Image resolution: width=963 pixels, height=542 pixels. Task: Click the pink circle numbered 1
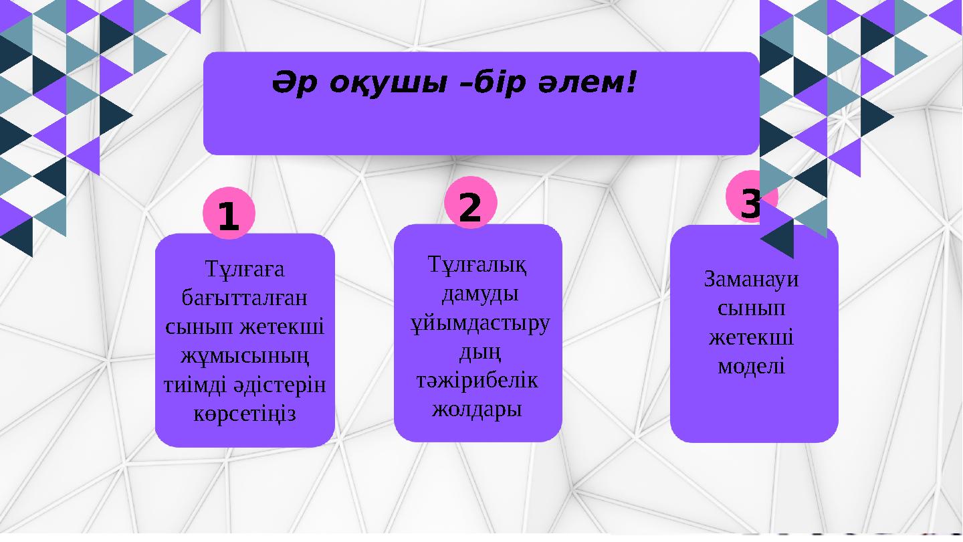click(x=229, y=215)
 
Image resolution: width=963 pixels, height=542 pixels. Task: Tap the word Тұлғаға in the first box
click(x=245, y=270)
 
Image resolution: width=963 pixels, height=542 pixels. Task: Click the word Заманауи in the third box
click(x=752, y=278)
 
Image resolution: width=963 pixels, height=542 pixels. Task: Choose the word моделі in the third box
click(x=752, y=366)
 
